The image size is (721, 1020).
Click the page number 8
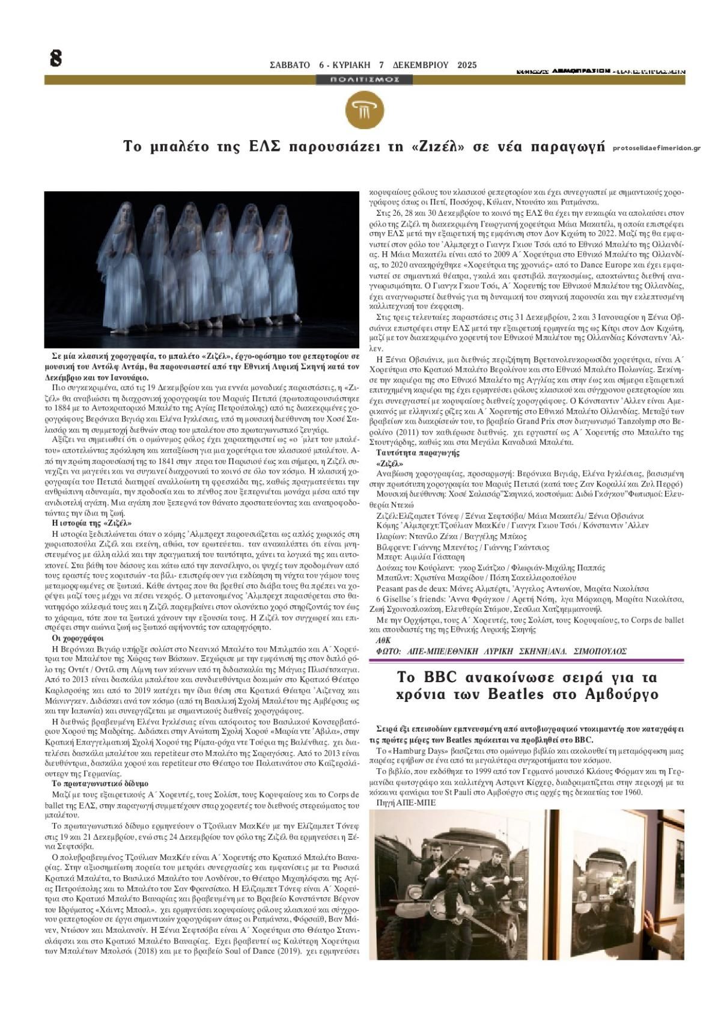point(56,58)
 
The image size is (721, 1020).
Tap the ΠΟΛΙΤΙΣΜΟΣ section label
point(364,79)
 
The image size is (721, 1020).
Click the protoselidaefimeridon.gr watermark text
point(657,148)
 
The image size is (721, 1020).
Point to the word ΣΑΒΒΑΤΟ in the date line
point(291,65)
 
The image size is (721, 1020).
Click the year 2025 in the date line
point(466,65)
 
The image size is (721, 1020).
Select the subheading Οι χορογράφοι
point(79,638)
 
